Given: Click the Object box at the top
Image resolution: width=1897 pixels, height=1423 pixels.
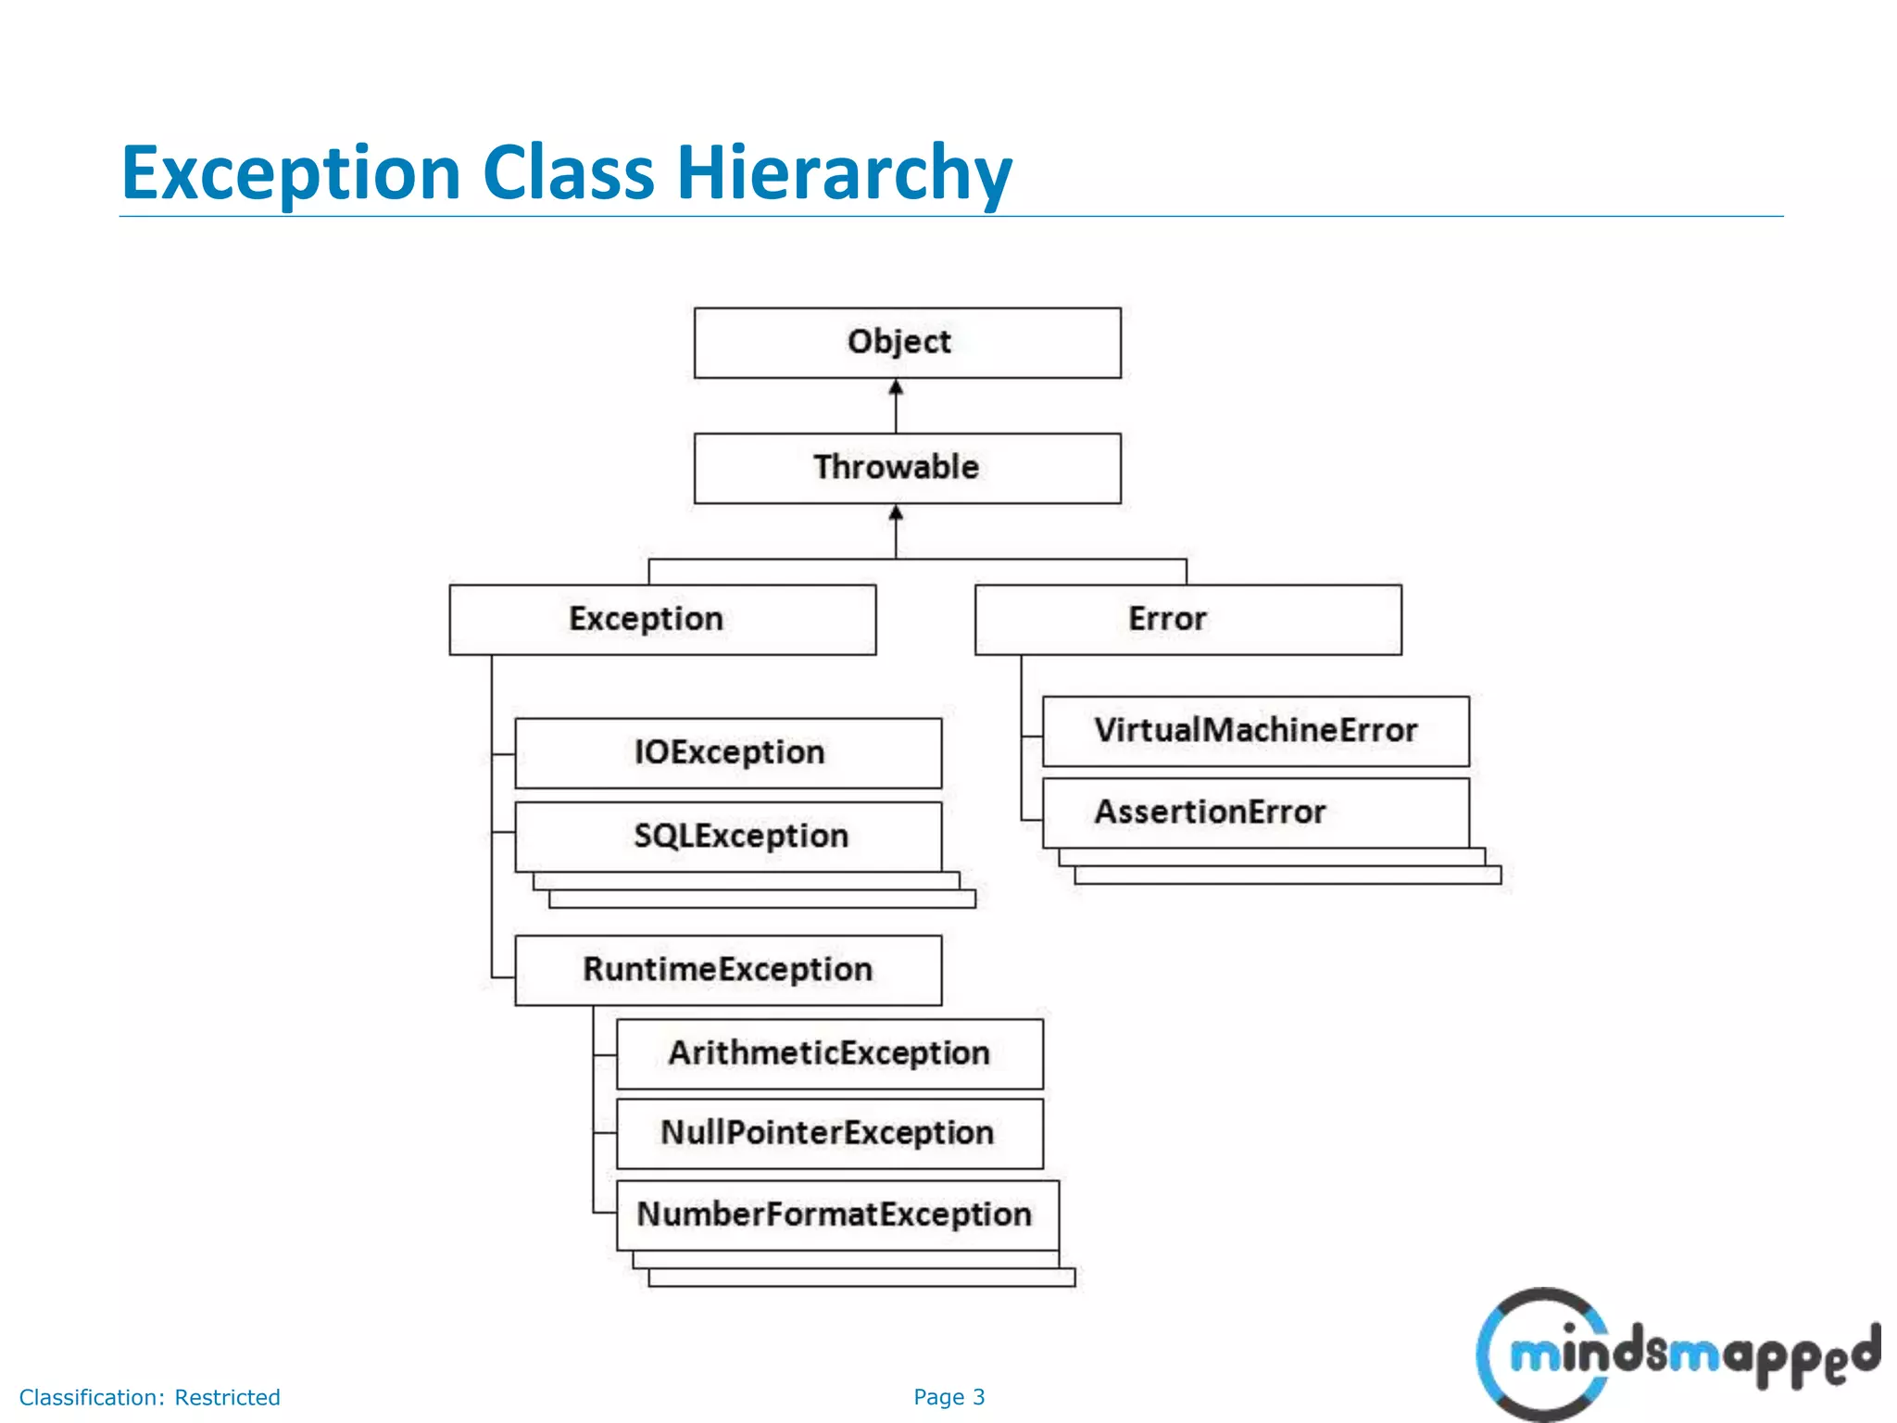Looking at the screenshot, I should point(907,343).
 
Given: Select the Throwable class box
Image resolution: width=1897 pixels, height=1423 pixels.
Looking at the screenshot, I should point(907,468).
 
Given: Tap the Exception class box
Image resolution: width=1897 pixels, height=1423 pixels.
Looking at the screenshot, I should point(662,619).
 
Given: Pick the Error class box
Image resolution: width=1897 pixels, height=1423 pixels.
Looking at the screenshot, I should point(1187,619).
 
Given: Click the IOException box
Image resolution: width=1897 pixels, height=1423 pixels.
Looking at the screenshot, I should point(728,752).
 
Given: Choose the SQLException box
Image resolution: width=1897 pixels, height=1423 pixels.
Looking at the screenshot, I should point(728,836).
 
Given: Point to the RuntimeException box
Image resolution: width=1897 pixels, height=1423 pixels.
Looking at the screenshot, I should point(728,969).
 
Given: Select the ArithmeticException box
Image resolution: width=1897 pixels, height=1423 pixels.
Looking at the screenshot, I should point(829,1053).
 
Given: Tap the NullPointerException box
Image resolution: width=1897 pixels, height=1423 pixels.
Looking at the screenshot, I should point(829,1133).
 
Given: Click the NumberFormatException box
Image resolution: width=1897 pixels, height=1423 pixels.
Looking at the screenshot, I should point(836,1215).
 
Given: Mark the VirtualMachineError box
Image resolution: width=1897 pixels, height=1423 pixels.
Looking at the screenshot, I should point(1255,731).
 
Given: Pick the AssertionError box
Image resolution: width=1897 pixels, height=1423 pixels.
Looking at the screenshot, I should point(1255,812).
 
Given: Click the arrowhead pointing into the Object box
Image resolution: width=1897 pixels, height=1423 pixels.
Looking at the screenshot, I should point(896,387).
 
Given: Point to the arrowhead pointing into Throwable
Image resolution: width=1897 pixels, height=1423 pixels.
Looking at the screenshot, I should point(896,512).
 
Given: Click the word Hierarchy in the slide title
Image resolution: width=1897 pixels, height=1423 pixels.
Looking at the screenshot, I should point(844,173).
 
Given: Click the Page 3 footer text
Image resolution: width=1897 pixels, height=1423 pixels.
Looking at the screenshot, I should point(948,1397).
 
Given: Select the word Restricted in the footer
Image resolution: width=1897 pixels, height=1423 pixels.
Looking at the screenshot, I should point(227,1397).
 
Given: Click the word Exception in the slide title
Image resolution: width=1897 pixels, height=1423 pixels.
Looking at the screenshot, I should point(291,173).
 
